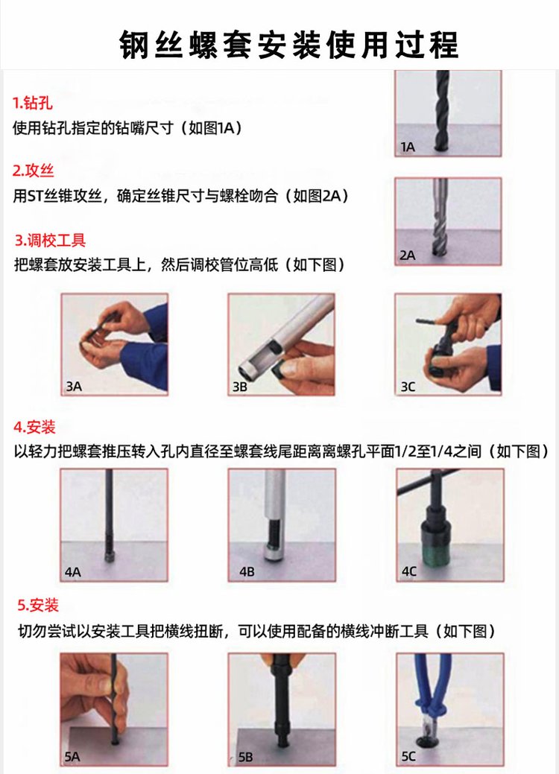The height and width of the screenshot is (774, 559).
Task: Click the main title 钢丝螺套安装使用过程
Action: pyautogui.click(x=289, y=45)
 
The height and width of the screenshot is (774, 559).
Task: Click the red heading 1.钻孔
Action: pyautogui.click(x=32, y=103)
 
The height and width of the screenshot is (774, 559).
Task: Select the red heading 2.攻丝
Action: pyautogui.click(x=33, y=171)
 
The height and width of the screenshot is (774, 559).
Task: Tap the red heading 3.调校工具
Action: pyautogui.click(x=50, y=241)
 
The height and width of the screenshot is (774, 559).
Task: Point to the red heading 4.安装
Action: pyautogui.click(x=34, y=427)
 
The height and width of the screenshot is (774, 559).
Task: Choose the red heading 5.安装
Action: pyautogui.click(x=38, y=605)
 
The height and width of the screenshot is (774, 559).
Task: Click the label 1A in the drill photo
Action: pyautogui.click(x=408, y=147)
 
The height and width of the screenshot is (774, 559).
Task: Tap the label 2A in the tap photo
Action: pyautogui.click(x=408, y=256)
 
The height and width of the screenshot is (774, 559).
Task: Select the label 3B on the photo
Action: pyautogui.click(x=239, y=387)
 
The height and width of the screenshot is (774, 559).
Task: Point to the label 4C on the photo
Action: pyautogui.click(x=409, y=571)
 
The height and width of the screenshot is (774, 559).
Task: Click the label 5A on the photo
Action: pyautogui.click(x=72, y=756)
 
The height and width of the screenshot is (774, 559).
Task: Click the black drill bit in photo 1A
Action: pyautogui.click(x=442, y=111)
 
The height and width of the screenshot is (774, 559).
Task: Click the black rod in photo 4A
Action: pyautogui.click(x=109, y=513)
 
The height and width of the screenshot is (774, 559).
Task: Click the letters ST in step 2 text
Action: pyautogui.click(x=35, y=197)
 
